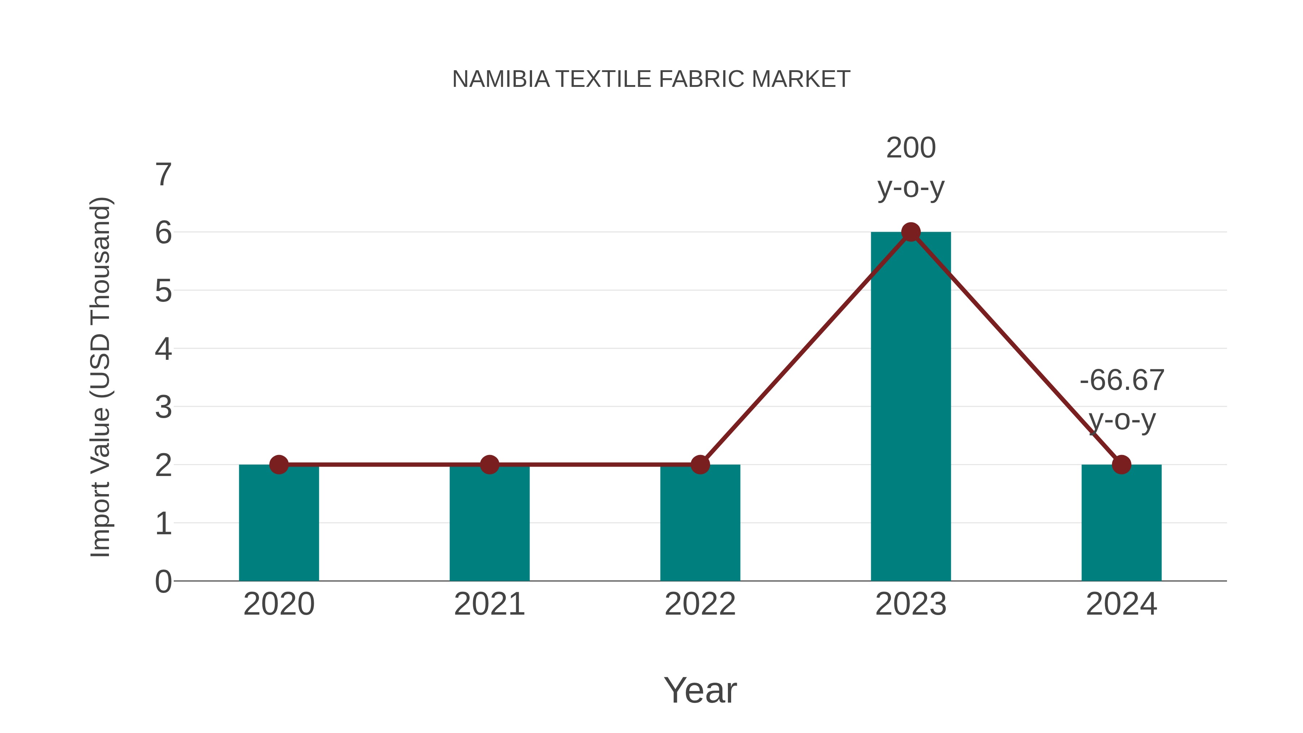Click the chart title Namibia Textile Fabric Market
[x=651, y=79]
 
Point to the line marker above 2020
[x=279, y=464]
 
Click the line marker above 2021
[x=489, y=464]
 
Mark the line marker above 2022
[x=700, y=464]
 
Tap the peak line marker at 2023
[x=911, y=232]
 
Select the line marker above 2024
[x=1121, y=464]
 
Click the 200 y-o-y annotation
[x=911, y=168]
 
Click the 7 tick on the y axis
[x=163, y=175]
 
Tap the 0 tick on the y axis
[x=163, y=582]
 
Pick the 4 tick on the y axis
[x=163, y=350]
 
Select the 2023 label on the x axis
[x=911, y=604]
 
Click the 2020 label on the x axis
[x=279, y=604]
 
